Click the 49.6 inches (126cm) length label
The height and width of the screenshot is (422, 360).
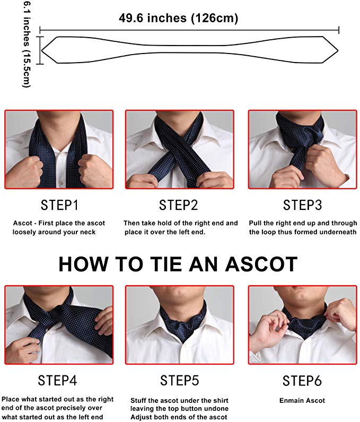tap(178, 19)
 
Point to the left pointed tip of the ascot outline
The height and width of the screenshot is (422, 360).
tap(42, 50)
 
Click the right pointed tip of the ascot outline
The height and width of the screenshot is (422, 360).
tap(337, 50)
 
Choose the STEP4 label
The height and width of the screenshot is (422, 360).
tap(57, 380)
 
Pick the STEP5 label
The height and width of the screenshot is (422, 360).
tap(180, 380)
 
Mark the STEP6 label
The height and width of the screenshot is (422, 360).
tap(302, 380)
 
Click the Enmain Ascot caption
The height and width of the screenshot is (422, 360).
tap(302, 400)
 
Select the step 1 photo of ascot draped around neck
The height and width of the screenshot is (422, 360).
tap(59, 149)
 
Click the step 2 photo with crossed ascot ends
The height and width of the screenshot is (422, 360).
tap(179, 149)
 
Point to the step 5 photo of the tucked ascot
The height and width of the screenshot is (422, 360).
tap(179, 324)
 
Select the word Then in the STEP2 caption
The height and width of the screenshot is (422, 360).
tap(133, 223)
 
